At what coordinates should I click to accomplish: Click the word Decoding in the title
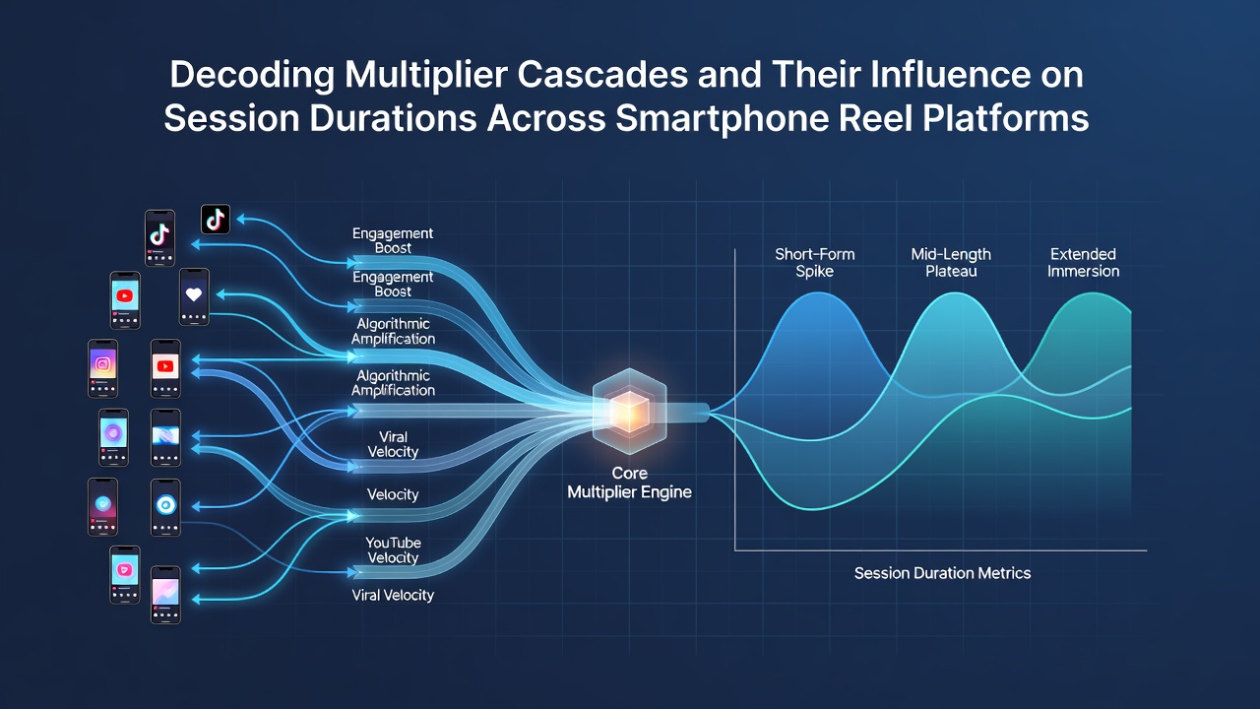click(252, 76)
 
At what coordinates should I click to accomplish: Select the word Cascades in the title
click(602, 74)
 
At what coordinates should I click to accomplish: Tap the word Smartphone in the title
click(722, 119)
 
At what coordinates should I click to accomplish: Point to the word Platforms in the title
click(1005, 118)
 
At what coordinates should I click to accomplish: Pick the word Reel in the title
click(875, 118)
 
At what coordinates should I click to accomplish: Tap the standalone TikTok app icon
click(216, 219)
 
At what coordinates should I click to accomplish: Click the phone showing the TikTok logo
click(159, 238)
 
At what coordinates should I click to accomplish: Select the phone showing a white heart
click(194, 296)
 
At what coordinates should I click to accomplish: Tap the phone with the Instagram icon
click(103, 368)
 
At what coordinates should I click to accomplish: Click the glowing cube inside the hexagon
click(629, 413)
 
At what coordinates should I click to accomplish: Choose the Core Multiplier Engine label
click(629, 483)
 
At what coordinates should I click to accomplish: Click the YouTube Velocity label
click(393, 549)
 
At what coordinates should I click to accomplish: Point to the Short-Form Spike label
click(814, 262)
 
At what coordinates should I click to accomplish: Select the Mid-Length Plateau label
click(951, 262)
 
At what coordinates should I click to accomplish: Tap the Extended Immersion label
click(1084, 262)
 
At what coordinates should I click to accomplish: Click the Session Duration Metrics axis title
click(943, 573)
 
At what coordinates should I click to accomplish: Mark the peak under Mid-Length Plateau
click(955, 293)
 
